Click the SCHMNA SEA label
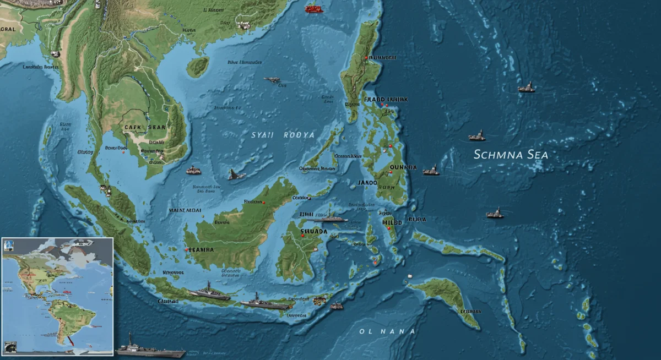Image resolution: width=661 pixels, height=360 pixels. (511, 155)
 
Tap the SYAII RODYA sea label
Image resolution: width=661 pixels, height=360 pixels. (283, 135)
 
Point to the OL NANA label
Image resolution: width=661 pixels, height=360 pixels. (379, 331)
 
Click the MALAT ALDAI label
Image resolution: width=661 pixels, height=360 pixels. (185, 210)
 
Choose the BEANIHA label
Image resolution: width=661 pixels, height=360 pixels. (201, 249)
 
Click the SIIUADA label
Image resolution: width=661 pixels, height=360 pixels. (314, 232)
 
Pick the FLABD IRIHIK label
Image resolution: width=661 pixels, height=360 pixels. (386, 100)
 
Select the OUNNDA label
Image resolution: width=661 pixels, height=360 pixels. (403, 167)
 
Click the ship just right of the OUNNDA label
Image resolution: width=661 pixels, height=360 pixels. (431, 171)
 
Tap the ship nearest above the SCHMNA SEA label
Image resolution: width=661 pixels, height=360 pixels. (477, 135)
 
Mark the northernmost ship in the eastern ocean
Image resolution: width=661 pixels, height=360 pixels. (526, 88)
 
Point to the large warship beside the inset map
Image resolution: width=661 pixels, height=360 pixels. (150, 350)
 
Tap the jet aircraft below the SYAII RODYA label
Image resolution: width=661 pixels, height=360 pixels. (237, 174)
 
